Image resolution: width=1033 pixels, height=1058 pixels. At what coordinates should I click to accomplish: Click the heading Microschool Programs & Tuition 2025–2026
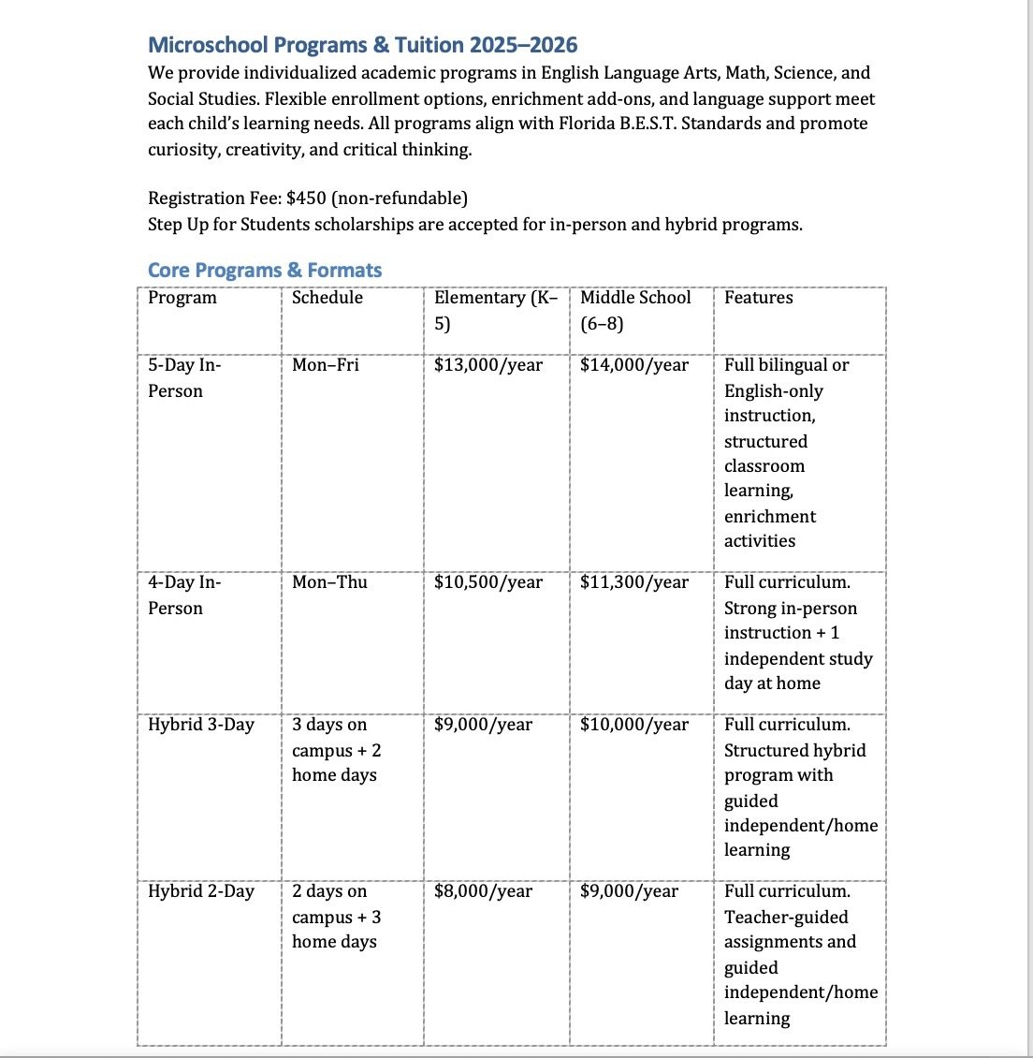[362, 45]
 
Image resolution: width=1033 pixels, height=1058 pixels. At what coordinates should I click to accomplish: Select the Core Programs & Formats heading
[265, 270]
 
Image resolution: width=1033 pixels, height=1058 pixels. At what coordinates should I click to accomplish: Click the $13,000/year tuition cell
[487, 365]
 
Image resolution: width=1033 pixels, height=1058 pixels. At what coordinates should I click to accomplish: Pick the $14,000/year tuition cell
[633, 365]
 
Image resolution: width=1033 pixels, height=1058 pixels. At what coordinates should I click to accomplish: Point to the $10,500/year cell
[487, 582]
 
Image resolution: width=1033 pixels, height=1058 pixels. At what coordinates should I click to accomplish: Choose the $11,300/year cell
[633, 582]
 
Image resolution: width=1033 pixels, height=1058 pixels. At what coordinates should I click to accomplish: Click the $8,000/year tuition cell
[483, 891]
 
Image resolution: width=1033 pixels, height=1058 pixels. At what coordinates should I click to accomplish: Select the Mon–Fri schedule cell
[325, 365]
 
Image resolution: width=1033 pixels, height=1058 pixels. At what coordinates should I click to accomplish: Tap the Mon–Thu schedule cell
[329, 582]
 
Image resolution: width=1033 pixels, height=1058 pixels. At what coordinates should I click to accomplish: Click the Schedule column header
[327, 298]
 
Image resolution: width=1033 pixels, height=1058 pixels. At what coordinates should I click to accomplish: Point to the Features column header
[758, 298]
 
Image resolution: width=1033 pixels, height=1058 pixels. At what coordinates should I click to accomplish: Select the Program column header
[182, 298]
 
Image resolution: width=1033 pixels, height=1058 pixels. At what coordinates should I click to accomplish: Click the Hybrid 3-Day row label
[200, 725]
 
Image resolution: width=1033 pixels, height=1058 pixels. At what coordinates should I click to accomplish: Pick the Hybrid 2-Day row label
[200, 891]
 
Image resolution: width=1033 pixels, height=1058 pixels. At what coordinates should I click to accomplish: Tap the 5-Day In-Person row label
[184, 377]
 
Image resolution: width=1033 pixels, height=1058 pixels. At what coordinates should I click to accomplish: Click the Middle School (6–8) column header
[634, 310]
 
